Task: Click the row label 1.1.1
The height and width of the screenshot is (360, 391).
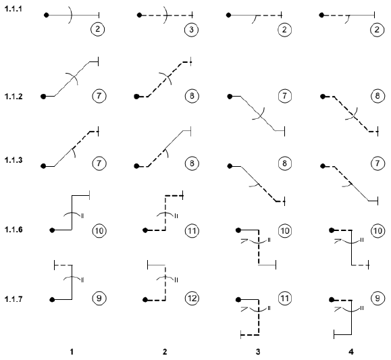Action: (x=14, y=9)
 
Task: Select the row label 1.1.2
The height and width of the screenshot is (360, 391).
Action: (x=14, y=97)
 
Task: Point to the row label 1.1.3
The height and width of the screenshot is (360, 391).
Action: (x=14, y=160)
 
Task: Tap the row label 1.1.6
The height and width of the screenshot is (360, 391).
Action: (x=14, y=230)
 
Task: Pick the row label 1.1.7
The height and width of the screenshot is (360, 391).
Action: (x=14, y=299)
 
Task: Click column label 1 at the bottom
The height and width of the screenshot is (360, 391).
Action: (x=72, y=352)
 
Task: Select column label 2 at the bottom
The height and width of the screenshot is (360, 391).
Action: (x=165, y=352)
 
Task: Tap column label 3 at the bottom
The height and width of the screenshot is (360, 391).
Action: (x=258, y=352)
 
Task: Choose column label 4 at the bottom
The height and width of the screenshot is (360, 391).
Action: (x=351, y=352)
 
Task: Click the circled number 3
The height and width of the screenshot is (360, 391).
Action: (x=192, y=30)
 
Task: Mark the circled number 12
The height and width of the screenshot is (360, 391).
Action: (x=192, y=299)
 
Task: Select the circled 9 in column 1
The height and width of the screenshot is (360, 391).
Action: (x=99, y=299)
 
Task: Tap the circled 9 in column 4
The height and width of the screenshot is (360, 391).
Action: (x=377, y=299)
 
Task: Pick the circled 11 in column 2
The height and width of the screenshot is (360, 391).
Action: (x=192, y=231)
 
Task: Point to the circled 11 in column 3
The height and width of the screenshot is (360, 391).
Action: (x=285, y=299)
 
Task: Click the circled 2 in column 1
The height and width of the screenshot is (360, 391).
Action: (x=97, y=29)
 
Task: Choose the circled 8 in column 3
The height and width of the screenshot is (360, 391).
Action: (x=285, y=163)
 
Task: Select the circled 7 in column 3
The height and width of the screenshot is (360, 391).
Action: (x=285, y=96)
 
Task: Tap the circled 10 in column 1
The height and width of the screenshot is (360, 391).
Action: (x=99, y=231)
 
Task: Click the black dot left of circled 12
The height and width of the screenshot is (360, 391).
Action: (x=145, y=300)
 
